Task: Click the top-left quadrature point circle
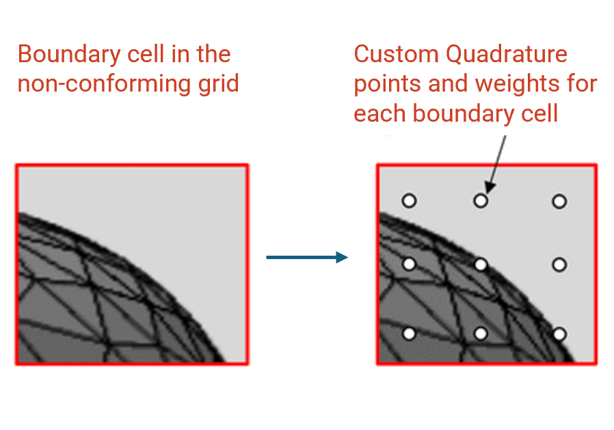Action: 409,201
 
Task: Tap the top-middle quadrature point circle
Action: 481,201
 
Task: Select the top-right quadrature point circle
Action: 559,201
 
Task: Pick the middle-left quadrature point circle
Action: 409,264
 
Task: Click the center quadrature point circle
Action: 481,264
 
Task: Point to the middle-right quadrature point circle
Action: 559,265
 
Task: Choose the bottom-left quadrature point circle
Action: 409,334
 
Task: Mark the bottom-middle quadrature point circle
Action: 481,334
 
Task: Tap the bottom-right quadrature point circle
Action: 559,334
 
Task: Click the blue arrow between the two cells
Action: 307,258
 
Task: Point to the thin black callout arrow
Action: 496,163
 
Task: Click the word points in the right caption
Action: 387,85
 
